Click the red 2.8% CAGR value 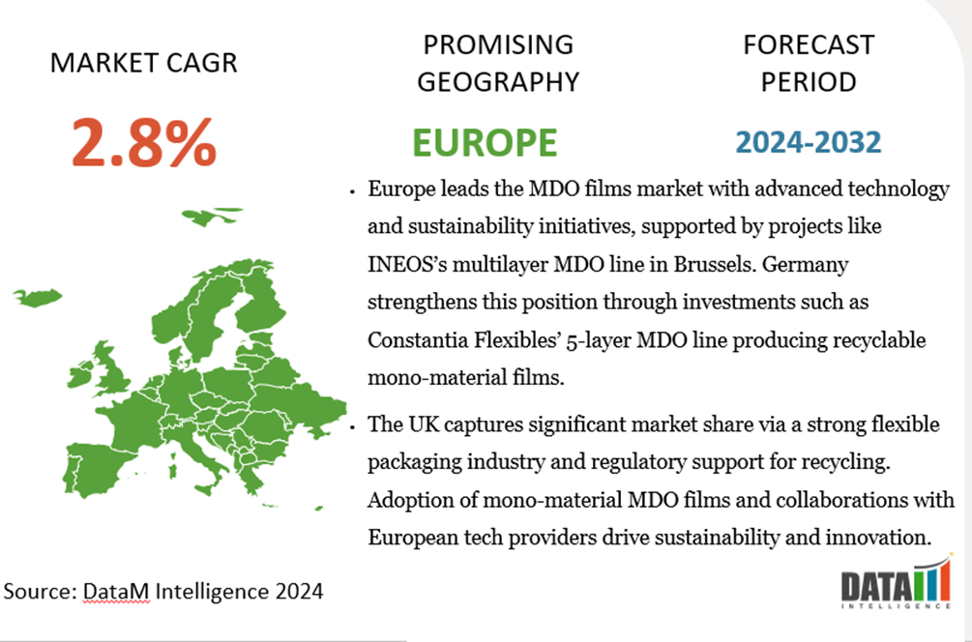[143, 142]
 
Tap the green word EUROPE [485, 142]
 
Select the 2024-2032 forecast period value [808, 142]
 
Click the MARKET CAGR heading [143, 64]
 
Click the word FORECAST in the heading [808, 44]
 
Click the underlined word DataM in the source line [114, 590]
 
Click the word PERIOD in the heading [808, 82]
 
